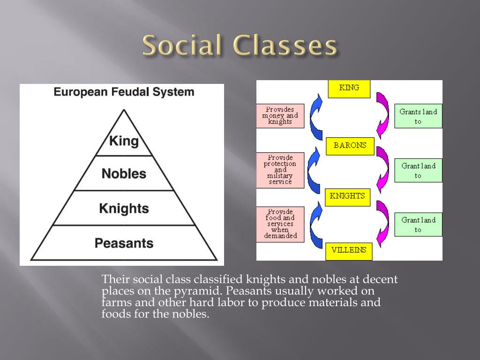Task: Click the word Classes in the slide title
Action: (285, 46)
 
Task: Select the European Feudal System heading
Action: (124, 92)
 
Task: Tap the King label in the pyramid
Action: (124, 141)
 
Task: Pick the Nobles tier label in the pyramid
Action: (124, 174)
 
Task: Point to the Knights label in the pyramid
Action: (124, 208)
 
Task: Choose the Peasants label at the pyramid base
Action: (124, 243)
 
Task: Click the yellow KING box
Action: (349, 89)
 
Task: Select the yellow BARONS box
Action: (350, 146)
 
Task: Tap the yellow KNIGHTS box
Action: (347, 196)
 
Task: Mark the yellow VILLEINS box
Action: (349, 250)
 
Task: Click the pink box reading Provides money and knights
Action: (280, 116)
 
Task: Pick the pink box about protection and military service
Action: (280, 170)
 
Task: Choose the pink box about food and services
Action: (280, 224)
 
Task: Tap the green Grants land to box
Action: (418, 116)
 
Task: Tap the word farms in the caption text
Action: (112, 302)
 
